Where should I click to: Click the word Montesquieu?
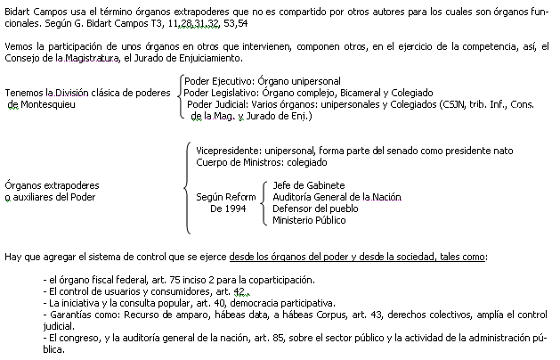point(48,104)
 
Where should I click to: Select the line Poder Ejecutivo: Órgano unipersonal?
point(263,81)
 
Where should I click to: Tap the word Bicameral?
point(361,93)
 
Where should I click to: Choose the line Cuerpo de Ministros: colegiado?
point(262,162)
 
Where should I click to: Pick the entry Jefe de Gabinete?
point(309,185)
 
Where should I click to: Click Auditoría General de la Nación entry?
point(337,197)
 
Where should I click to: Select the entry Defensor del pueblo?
point(315,209)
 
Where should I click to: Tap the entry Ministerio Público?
point(309,220)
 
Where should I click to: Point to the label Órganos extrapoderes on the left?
point(52,185)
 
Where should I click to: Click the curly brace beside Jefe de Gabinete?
point(264,203)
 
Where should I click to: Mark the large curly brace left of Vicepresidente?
point(185,188)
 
